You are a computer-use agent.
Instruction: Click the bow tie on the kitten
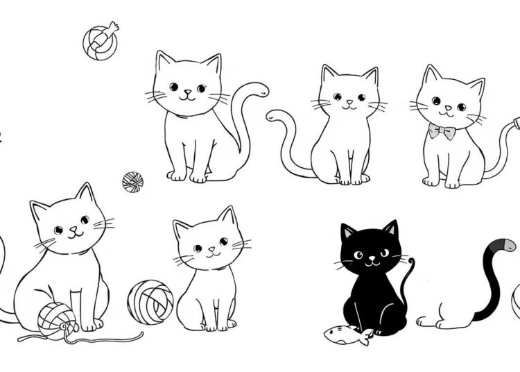(441, 130)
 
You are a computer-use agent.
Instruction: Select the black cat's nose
(370, 260)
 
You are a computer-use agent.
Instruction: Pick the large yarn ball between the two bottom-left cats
(150, 301)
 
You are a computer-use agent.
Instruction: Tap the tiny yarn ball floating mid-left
(132, 182)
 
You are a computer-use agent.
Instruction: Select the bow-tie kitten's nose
(448, 107)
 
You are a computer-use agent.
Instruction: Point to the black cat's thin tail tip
(413, 262)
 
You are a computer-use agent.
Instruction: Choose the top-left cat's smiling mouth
(186, 97)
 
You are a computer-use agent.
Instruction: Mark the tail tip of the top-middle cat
(272, 115)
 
